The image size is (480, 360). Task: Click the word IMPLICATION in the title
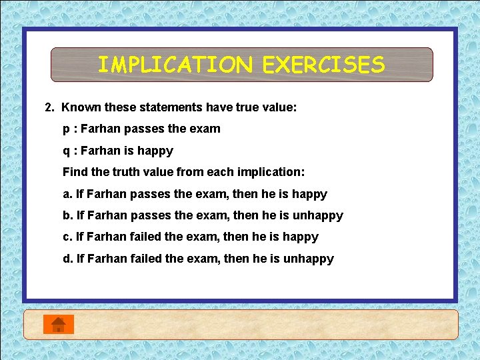[175, 65]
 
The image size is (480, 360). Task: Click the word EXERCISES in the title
[323, 65]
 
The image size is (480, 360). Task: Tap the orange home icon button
[59, 324]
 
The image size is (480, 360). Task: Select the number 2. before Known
[49, 107]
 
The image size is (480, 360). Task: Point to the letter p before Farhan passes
[66, 129]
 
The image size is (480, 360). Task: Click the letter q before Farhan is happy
[66, 151]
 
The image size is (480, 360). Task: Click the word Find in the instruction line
[75, 172]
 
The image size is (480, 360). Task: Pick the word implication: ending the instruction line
[271, 172]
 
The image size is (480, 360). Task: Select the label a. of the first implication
[67, 194]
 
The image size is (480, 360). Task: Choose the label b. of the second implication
[67, 215]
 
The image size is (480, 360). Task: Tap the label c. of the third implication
[67, 237]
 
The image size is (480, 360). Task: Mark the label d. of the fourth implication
[67, 259]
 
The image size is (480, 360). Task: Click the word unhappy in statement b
[313, 215]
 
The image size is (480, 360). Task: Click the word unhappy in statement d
[309, 259]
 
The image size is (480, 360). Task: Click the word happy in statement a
[310, 194]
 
